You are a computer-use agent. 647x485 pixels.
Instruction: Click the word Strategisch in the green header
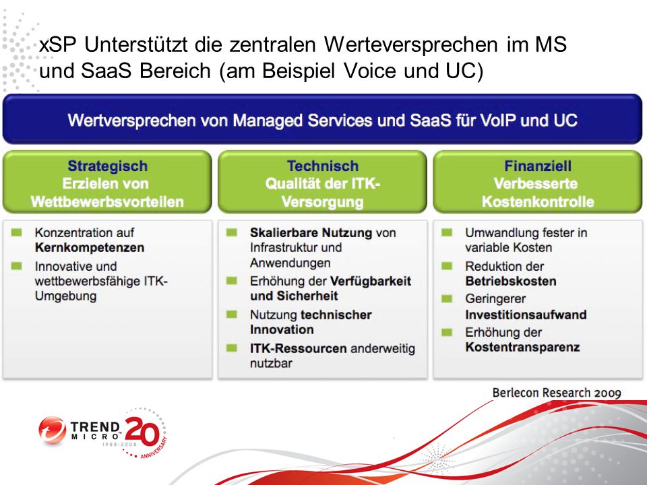(x=107, y=166)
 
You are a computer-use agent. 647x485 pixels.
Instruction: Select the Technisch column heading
(x=323, y=166)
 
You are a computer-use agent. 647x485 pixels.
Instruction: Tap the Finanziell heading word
(x=538, y=166)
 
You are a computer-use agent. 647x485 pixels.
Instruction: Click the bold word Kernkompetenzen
(x=90, y=247)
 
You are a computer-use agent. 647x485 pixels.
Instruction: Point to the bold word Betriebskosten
(x=511, y=282)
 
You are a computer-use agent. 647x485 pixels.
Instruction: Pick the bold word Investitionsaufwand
(x=526, y=315)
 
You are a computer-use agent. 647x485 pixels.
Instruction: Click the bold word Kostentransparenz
(x=522, y=348)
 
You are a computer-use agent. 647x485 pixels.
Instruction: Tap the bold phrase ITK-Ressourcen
(x=299, y=348)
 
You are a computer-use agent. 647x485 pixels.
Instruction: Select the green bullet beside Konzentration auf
(x=16, y=232)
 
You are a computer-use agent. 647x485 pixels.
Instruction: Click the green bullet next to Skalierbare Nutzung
(x=232, y=232)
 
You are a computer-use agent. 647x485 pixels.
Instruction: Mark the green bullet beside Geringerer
(x=447, y=298)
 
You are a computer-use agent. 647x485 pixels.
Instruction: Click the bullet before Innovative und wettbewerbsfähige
(x=16, y=266)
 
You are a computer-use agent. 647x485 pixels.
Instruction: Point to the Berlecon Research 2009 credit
(x=557, y=393)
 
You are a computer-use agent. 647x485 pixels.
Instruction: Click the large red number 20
(x=142, y=431)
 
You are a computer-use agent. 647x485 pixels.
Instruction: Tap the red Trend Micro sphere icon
(x=53, y=430)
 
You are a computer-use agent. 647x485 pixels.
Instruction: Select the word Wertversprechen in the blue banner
(x=131, y=121)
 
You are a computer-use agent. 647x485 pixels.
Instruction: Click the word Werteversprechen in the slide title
(x=410, y=44)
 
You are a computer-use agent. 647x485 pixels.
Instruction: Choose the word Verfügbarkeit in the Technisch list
(x=371, y=282)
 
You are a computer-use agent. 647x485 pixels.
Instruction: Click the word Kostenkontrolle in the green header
(x=538, y=201)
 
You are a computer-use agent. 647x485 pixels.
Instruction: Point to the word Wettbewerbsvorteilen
(x=107, y=201)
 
